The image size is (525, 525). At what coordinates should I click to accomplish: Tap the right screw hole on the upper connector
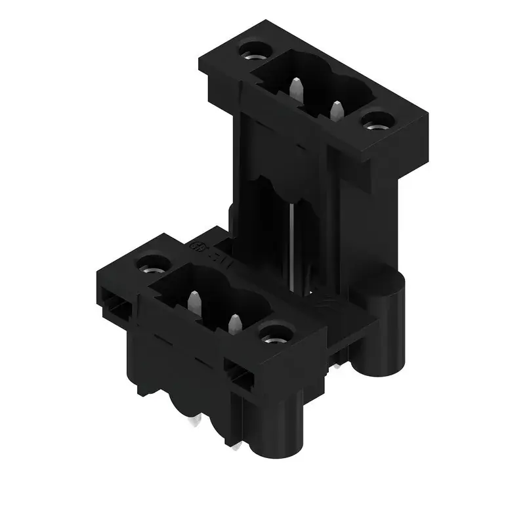pyautogui.click(x=377, y=121)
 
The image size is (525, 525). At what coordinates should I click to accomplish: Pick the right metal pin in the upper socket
pyautogui.click(x=337, y=109)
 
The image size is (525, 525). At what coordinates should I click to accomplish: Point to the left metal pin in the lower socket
pyautogui.click(x=194, y=303)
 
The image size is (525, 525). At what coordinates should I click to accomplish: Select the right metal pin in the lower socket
pyautogui.click(x=234, y=324)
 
